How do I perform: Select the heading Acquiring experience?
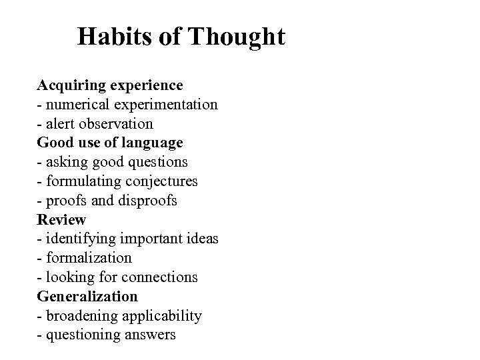tap(110, 85)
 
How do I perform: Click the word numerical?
tap(75, 105)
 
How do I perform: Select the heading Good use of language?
tap(110, 143)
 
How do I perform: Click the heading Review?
tap(61, 219)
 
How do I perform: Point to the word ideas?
tap(199, 239)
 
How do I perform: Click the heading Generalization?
tap(87, 296)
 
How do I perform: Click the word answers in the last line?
tap(150, 334)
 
